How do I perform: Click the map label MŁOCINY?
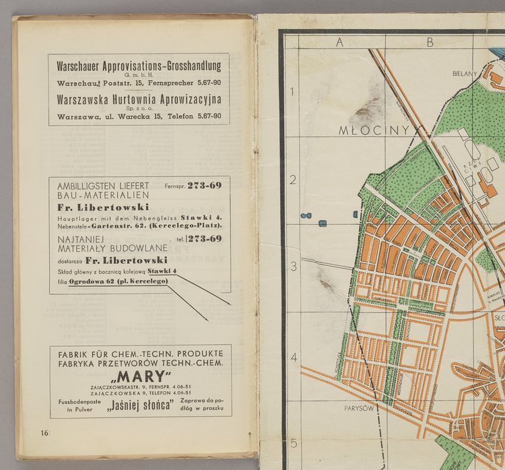[364, 129]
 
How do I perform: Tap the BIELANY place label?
[465, 73]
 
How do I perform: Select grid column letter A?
[340, 42]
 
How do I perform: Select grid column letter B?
[428, 42]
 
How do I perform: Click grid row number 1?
[292, 92]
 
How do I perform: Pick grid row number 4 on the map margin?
[292, 357]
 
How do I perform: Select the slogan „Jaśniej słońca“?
[141, 405]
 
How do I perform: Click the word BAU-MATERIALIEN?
[96, 195]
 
